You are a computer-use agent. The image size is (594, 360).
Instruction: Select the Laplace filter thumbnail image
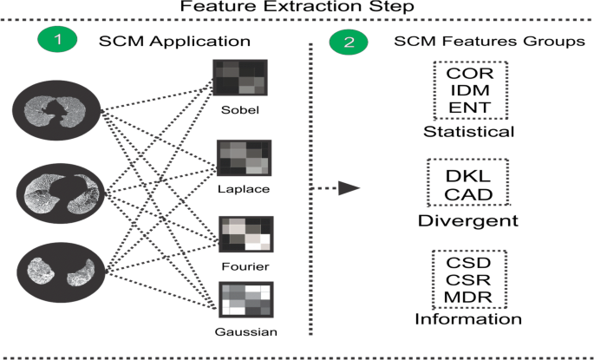(x=243, y=159)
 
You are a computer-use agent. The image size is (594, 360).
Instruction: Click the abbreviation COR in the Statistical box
(x=469, y=73)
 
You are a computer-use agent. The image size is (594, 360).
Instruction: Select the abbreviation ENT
(x=469, y=109)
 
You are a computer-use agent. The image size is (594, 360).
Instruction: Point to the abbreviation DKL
(x=469, y=176)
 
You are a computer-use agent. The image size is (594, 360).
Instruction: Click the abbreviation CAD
(x=469, y=194)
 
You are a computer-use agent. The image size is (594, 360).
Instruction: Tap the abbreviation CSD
(x=469, y=261)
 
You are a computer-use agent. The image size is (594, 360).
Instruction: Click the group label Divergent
(x=468, y=220)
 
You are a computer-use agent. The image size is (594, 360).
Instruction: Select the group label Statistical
(x=468, y=132)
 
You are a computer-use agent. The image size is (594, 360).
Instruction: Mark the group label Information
(x=468, y=319)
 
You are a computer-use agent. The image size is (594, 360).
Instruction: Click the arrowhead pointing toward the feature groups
(x=349, y=187)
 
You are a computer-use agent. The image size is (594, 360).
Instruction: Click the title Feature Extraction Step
(x=297, y=9)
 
